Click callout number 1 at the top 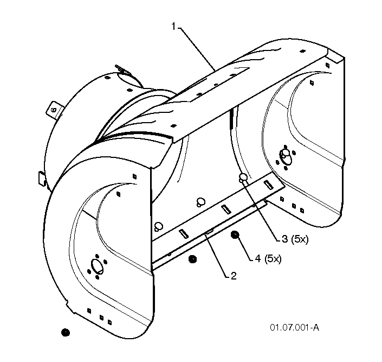173,27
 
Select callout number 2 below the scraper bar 233,276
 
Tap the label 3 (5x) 295,239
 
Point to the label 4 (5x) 268,259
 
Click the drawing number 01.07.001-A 294,327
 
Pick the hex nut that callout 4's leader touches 235,235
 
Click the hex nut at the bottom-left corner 65,333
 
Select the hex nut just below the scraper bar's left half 193,259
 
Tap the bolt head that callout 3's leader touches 243,177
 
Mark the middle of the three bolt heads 200,202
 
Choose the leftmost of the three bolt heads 159,226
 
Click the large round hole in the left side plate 97,265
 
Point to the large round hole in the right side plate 286,156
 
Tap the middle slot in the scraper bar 226,209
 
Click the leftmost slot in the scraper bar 184,233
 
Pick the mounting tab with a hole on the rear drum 55,110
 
